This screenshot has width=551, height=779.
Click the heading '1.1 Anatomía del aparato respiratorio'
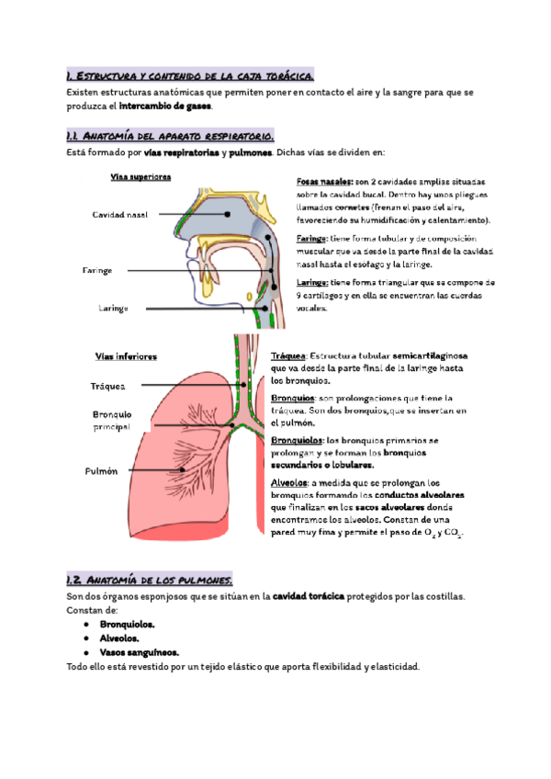click(170, 135)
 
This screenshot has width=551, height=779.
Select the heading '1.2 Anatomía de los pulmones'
click(150, 580)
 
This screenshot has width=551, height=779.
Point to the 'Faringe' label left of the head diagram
click(97, 271)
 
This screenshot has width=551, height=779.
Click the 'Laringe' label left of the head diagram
click(113, 308)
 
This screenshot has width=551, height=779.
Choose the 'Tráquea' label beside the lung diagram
click(108, 387)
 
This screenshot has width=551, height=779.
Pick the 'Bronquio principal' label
click(112, 421)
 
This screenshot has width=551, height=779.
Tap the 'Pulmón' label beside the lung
click(102, 470)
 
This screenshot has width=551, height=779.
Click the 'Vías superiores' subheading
click(141, 176)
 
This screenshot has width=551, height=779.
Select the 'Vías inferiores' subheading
click(126, 356)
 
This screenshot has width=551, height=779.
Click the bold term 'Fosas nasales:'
click(325, 181)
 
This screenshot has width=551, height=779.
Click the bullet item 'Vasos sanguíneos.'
click(141, 651)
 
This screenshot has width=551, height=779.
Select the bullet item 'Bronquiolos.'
click(128, 624)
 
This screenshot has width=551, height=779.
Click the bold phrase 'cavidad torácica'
click(309, 596)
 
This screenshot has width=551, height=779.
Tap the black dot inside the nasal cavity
click(228, 213)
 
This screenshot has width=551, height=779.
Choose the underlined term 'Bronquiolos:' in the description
click(298, 440)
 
